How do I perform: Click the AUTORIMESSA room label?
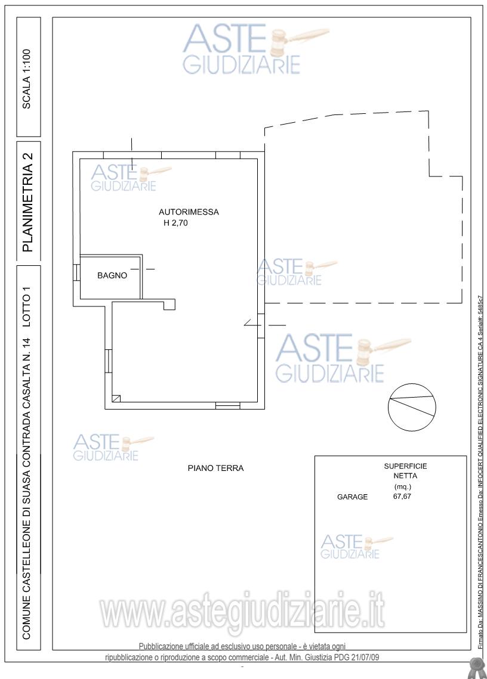click(189, 212)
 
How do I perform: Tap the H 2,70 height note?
click(175, 224)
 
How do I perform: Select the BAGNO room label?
click(112, 275)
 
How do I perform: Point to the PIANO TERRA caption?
click(215, 468)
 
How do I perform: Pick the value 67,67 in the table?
click(402, 496)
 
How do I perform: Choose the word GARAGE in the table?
click(352, 497)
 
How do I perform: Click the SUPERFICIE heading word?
click(405, 466)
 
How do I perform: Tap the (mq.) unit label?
click(403, 486)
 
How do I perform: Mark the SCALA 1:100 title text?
click(27, 78)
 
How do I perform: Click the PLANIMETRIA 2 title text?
click(27, 202)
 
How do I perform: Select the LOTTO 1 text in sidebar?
click(27, 311)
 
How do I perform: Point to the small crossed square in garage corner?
click(116, 399)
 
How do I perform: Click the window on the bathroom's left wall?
click(76, 273)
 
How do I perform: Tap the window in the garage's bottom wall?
click(227, 406)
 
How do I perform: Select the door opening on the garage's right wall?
click(261, 325)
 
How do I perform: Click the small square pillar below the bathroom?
click(169, 305)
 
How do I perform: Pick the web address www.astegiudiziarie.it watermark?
click(242, 612)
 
